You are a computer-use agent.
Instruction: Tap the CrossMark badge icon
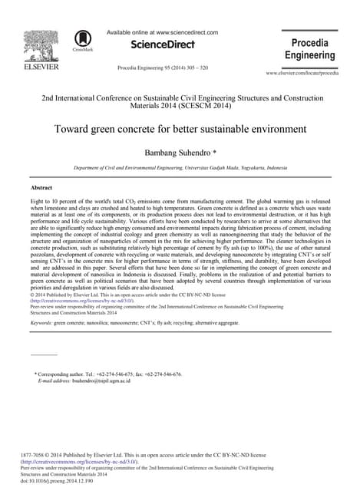pos(82,40)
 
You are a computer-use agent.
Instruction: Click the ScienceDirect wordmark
pos(162,46)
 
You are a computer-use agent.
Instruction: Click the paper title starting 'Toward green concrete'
pos(180,128)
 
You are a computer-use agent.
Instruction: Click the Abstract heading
pos(41,187)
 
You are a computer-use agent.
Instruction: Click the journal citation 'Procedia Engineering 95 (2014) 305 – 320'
pos(162,68)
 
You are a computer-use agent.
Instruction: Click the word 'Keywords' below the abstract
pos(41,325)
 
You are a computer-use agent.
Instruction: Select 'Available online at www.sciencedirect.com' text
pos(162,33)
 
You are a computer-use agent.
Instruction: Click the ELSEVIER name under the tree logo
pos(37,68)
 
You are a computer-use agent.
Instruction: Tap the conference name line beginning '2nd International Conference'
pos(180,100)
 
